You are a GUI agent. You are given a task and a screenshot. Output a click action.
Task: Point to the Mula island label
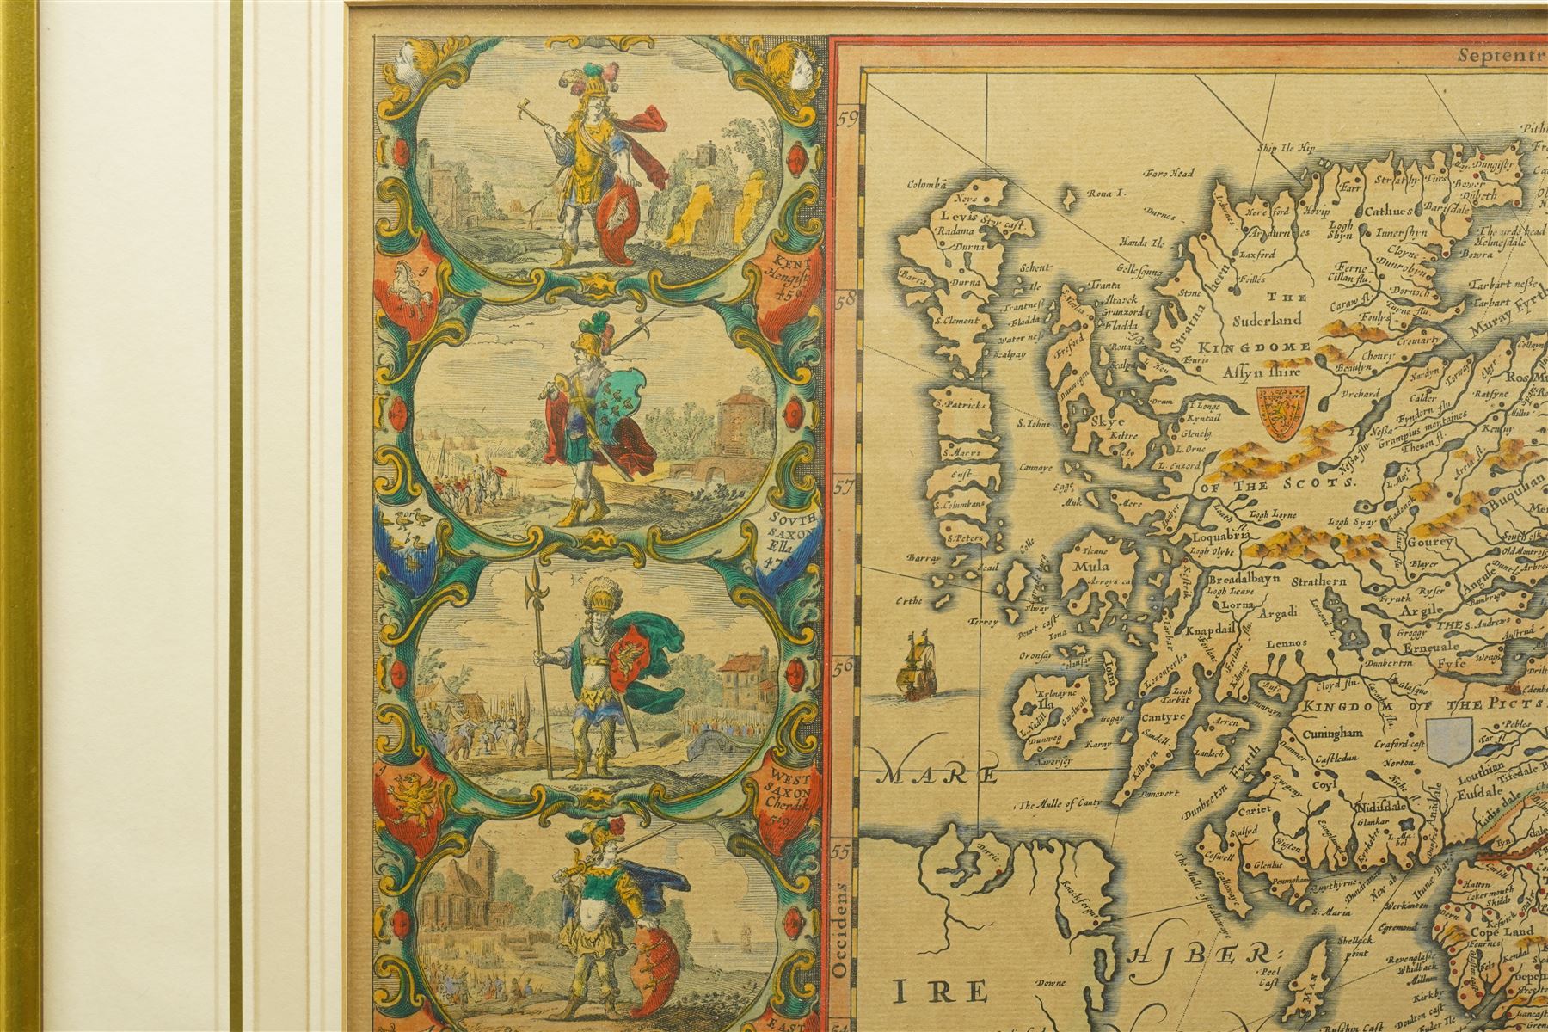1090,567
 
